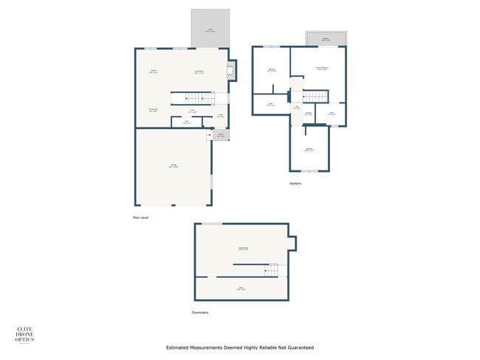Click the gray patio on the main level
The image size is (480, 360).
pyautogui.click(x=210, y=28)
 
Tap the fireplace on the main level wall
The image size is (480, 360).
pyautogui.click(x=232, y=70)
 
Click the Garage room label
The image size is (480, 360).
pyautogui.click(x=173, y=165)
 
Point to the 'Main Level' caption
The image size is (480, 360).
pyautogui.click(x=141, y=218)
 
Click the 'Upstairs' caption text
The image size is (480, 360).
pyautogui.click(x=295, y=184)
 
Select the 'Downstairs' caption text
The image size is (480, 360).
pyautogui.click(x=200, y=312)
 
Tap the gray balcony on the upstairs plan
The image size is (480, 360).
pyautogui.click(x=326, y=38)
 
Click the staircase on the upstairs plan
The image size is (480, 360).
pyautogui.click(x=316, y=96)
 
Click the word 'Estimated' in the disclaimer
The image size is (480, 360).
pyautogui.click(x=179, y=347)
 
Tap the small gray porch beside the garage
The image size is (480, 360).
pyautogui.click(x=221, y=134)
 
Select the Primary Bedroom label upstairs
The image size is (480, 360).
pyautogui.click(x=322, y=68)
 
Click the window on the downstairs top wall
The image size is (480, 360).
pyautogui.click(x=213, y=224)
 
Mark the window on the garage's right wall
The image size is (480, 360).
pyautogui.click(x=211, y=180)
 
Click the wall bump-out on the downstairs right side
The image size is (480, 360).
pyautogui.click(x=292, y=242)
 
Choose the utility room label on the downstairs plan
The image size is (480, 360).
pyautogui.click(x=240, y=288)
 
